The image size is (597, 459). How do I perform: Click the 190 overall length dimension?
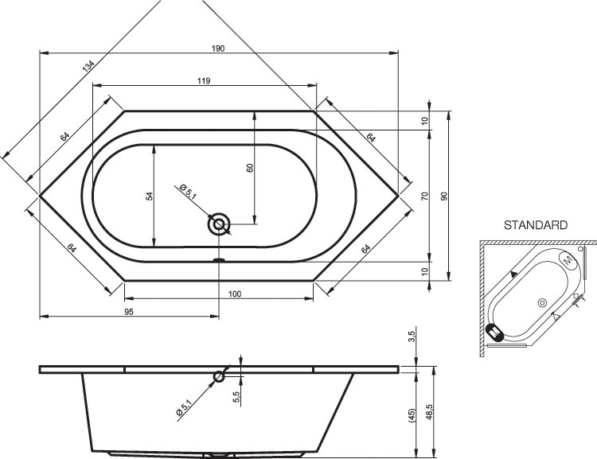pos(218,49)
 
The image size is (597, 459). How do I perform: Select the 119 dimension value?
pos(204,80)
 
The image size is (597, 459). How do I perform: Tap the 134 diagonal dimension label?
pos(88,66)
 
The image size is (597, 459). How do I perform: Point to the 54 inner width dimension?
pos(150,196)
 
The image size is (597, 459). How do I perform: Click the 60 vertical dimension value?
pos(250,168)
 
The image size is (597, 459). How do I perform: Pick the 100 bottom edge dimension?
pos(235,294)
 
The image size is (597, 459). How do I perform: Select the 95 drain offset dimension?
pos(129,312)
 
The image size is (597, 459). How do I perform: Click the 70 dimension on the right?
pos(425,196)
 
